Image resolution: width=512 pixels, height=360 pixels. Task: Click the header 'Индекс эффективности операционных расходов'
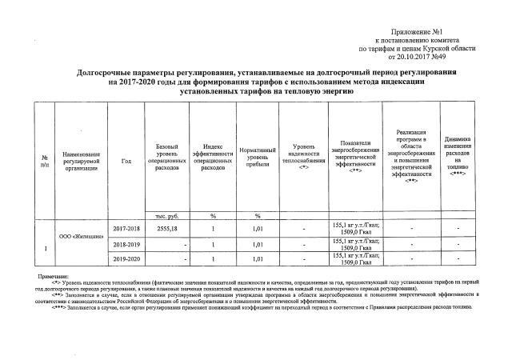coord(213,157)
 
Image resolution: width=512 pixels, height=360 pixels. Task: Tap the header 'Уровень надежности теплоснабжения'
coord(305,157)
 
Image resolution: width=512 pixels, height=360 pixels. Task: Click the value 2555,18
coord(168,228)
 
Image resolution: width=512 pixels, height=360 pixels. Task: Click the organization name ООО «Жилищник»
coord(77,236)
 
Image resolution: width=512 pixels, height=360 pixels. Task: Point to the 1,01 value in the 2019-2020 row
coord(258,259)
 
